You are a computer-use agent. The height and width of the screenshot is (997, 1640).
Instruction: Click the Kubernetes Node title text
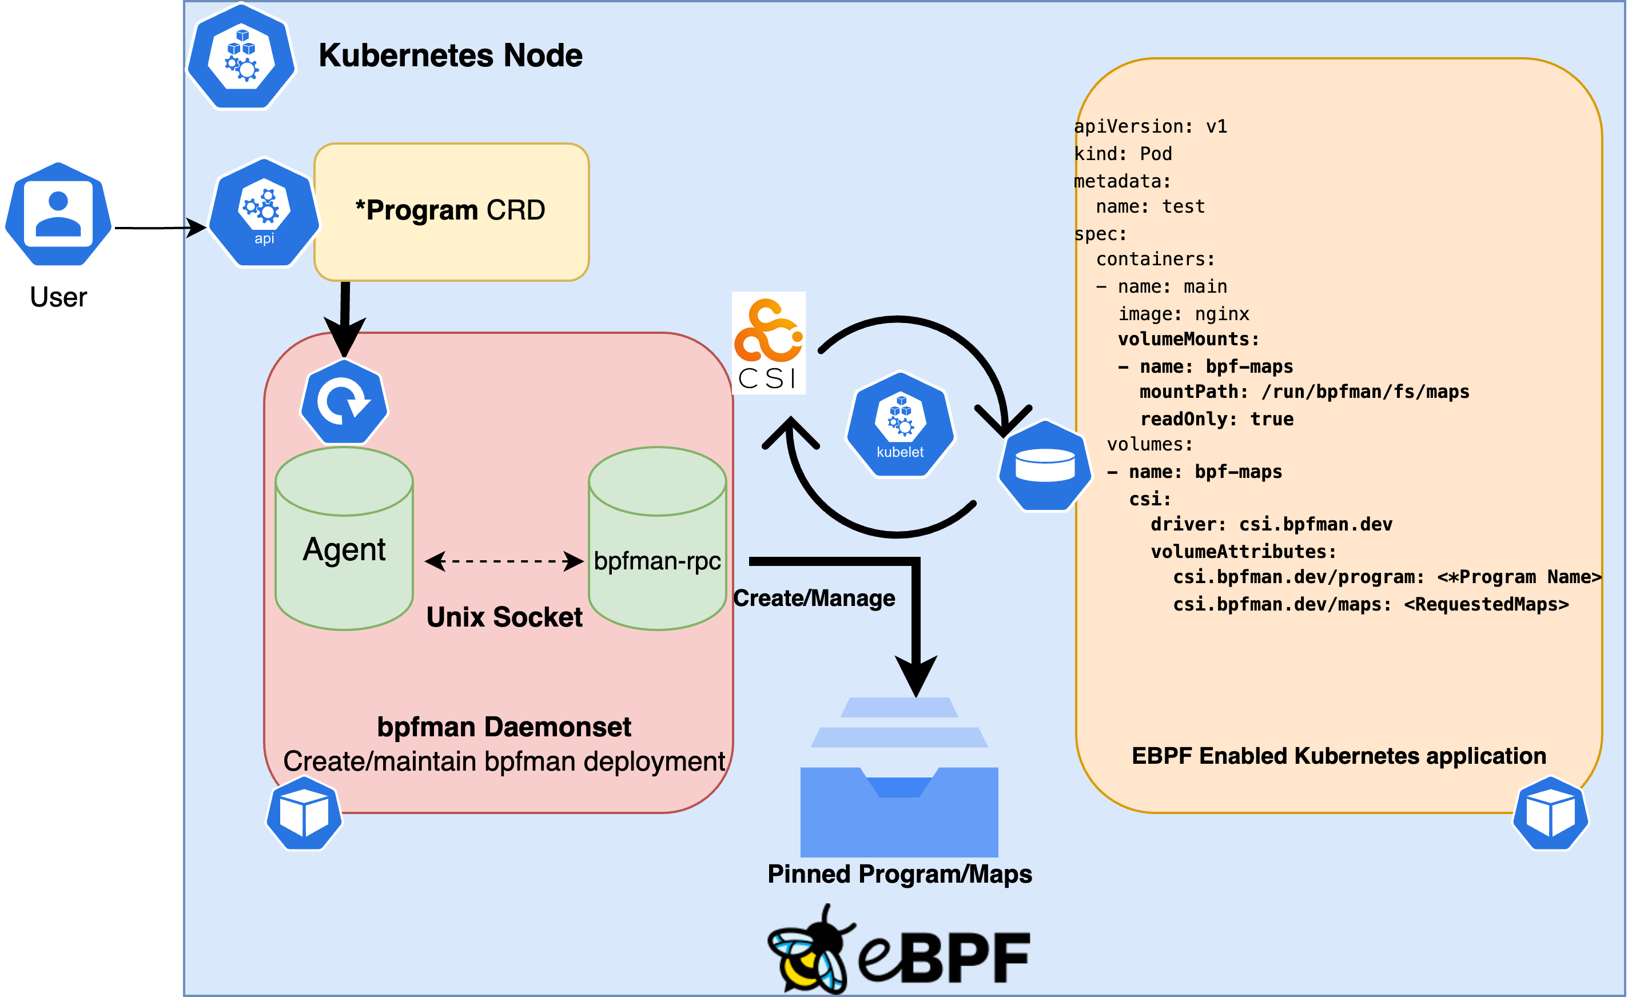450,55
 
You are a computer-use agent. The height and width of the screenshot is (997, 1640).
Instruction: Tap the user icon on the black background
58,214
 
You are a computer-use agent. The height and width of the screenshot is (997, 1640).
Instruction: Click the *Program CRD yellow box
451,212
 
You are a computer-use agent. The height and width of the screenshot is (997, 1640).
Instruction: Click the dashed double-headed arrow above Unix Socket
504,561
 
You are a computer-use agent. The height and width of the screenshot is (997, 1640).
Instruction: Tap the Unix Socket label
504,617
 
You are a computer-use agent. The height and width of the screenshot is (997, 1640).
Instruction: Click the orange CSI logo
769,343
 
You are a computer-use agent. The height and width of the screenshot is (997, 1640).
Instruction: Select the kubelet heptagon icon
900,425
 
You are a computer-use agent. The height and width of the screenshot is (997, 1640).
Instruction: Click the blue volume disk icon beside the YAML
1045,465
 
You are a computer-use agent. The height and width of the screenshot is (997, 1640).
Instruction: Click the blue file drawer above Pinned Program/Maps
899,779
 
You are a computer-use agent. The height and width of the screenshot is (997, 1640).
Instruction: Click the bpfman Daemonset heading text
504,727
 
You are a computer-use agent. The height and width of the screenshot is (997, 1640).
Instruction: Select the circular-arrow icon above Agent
344,402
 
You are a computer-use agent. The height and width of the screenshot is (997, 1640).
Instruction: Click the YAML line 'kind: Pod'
1123,154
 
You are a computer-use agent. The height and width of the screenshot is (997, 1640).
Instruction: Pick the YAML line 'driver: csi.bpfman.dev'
1271,524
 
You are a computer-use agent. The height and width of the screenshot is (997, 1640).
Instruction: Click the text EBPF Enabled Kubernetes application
1339,756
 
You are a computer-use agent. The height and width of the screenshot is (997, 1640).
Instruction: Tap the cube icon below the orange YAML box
1550,813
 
